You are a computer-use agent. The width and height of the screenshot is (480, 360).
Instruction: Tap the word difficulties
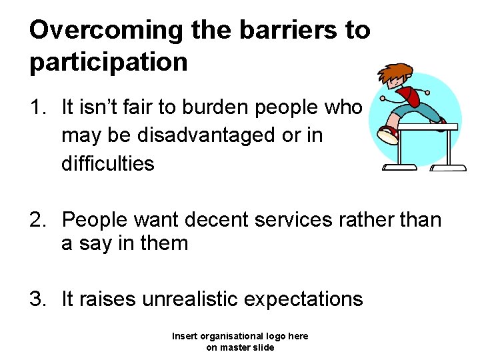pyautogui.click(x=108, y=163)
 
